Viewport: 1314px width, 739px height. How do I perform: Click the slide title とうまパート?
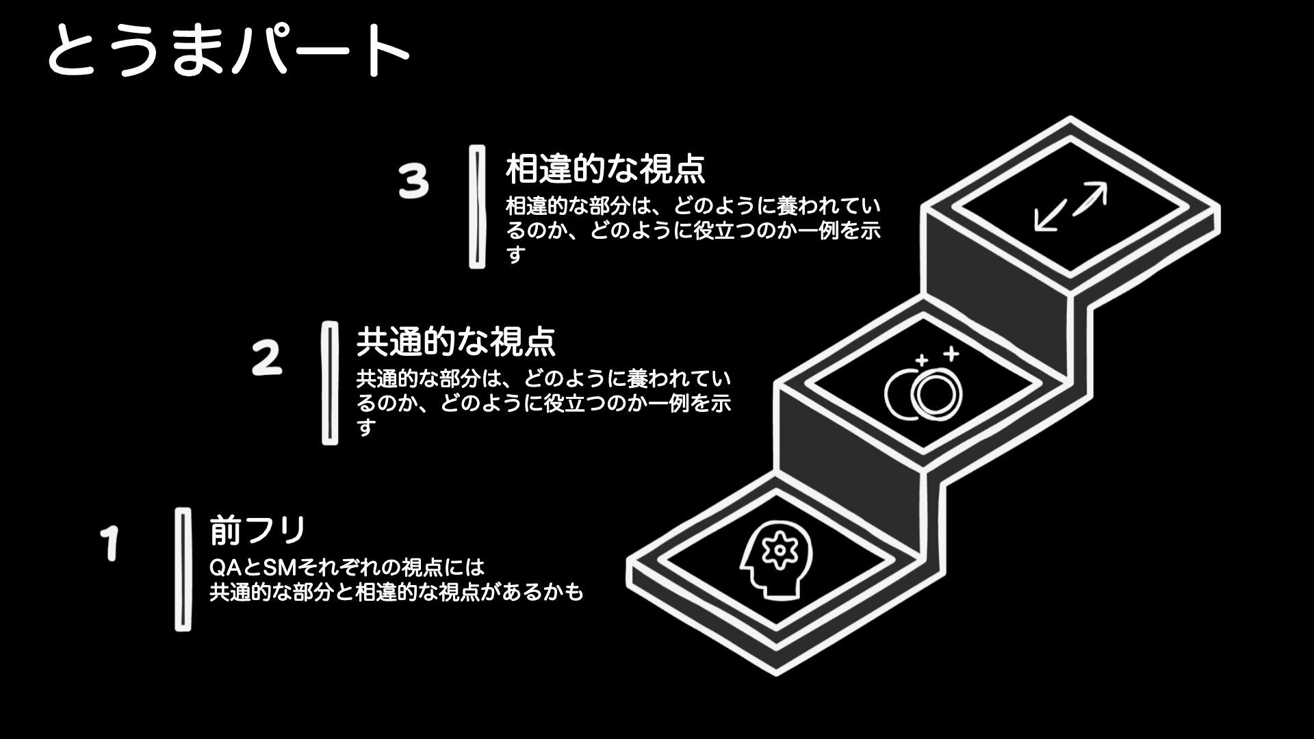[228, 49]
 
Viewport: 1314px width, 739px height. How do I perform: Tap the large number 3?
[414, 181]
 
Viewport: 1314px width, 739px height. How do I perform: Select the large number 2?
[267, 358]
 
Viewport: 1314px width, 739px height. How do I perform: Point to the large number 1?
[109, 543]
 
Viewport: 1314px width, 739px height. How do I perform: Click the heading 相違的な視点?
[605, 169]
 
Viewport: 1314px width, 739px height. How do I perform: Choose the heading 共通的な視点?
[456, 341]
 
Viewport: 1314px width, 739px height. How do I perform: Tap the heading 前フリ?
[257, 530]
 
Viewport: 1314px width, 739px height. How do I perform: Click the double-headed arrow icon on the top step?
[1071, 207]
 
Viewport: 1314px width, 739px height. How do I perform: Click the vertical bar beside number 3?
[477, 206]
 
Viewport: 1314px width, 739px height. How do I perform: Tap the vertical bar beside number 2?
[330, 383]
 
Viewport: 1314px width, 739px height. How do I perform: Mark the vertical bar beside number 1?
[183, 569]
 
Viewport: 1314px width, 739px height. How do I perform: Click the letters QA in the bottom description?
[223, 567]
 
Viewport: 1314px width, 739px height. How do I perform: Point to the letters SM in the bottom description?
[277, 567]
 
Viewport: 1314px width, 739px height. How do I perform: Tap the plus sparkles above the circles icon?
[936, 356]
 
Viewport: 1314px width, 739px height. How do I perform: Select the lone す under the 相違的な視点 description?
[515, 255]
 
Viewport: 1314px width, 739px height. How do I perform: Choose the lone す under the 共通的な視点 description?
[367, 428]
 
